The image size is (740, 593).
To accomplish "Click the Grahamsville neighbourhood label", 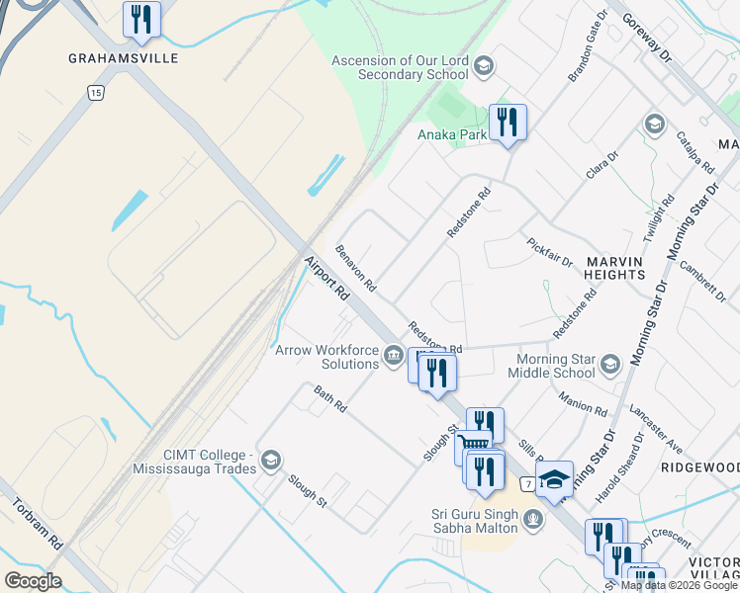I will click(124, 58).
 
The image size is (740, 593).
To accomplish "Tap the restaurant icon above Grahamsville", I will click(141, 20).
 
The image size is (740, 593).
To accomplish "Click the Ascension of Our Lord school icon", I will click(484, 67).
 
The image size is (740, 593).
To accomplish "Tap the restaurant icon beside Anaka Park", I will click(508, 123).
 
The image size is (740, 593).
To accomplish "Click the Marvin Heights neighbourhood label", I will click(615, 267).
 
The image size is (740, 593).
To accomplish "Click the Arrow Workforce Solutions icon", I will click(394, 356).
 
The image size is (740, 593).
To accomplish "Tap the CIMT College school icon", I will click(271, 461).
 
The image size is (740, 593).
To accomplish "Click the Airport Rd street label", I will click(326, 280).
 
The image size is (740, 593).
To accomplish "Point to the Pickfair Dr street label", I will click(550, 253).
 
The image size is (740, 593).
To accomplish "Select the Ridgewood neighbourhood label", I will click(699, 466).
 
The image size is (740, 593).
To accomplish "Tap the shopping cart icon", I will click(472, 447).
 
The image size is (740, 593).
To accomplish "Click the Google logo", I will click(33, 580).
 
